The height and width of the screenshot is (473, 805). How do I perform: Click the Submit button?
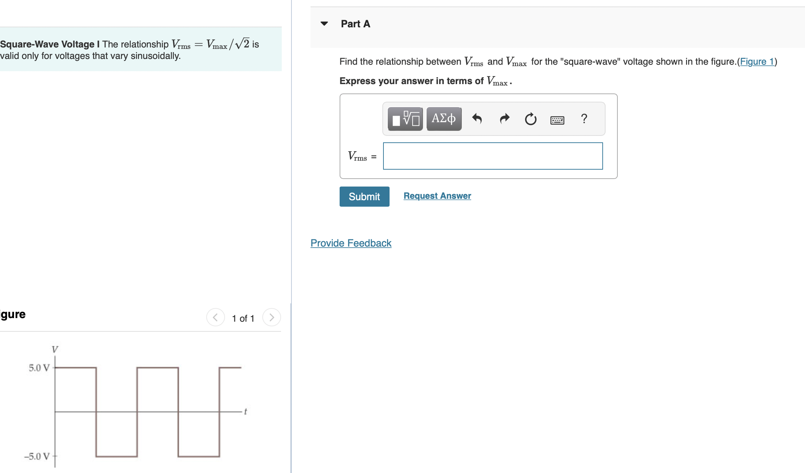tap(364, 197)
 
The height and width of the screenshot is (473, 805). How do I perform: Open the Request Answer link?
tap(437, 196)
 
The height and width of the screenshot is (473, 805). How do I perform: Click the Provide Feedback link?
tap(351, 243)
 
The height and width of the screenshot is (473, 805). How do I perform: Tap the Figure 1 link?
tap(757, 62)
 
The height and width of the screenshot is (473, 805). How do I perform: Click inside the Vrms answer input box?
tap(493, 156)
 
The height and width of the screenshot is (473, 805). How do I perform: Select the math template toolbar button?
tap(405, 119)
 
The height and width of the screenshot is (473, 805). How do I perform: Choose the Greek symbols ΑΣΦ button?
tap(444, 119)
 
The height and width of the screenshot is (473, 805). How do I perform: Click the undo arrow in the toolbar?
tap(477, 119)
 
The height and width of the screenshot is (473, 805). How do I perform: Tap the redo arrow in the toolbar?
tap(505, 119)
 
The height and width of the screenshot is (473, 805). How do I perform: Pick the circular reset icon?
tap(530, 119)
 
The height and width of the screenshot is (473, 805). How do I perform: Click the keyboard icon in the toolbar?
tap(557, 120)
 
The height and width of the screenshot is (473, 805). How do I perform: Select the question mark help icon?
tap(584, 119)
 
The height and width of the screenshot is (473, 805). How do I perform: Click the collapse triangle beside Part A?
tap(324, 24)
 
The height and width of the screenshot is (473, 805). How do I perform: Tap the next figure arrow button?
tap(272, 317)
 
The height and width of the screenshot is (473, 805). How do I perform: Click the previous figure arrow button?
tap(216, 317)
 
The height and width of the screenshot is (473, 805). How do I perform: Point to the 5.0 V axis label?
tap(39, 368)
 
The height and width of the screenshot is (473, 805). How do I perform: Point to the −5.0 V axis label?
tap(37, 456)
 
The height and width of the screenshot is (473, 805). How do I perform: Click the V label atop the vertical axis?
tap(55, 349)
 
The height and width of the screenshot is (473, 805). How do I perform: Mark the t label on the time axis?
tap(245, 411)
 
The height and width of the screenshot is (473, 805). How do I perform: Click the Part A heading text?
tap(355, 24)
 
